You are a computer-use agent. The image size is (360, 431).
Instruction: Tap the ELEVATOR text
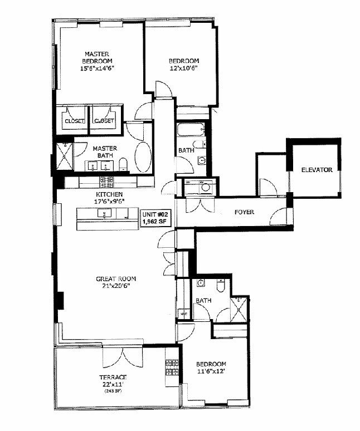pos(317,170)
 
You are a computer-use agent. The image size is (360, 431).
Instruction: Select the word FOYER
pos(244,212)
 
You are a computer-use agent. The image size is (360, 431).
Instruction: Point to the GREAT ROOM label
pos(116,279)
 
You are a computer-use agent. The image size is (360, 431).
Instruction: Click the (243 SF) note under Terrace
pos(113,390)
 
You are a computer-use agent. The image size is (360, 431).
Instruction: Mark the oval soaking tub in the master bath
pos(143,158)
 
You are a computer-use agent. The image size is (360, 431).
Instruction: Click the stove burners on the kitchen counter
pos(106,181)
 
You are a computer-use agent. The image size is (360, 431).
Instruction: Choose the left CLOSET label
pos(74,121)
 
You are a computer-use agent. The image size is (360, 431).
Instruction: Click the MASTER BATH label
pos(104,152)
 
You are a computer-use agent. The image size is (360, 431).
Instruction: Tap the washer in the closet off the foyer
pos(206,188)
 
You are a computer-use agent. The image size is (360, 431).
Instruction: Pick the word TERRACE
pos(113,377)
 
